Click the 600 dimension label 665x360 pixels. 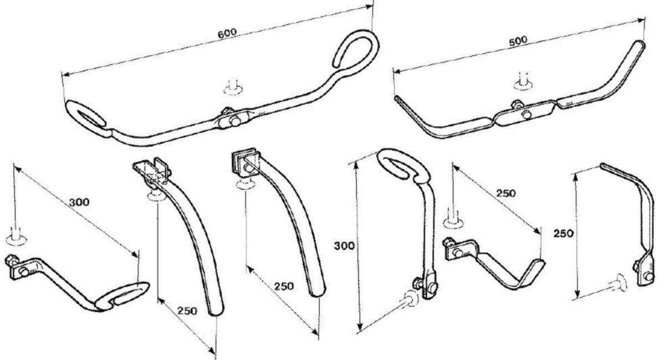227,33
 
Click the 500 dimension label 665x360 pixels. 518,41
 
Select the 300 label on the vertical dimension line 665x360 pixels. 344,246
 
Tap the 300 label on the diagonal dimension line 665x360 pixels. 79,202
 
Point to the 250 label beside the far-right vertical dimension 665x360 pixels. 563,234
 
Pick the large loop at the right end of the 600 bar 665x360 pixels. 356,49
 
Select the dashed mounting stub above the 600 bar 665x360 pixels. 233,88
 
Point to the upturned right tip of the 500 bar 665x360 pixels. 640,44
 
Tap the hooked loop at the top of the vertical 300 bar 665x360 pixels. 404,165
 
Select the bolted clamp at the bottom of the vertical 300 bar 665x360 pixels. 427,285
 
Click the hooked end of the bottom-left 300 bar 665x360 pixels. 122,297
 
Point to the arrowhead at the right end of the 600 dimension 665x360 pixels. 369,7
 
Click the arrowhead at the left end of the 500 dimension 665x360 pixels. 397,71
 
